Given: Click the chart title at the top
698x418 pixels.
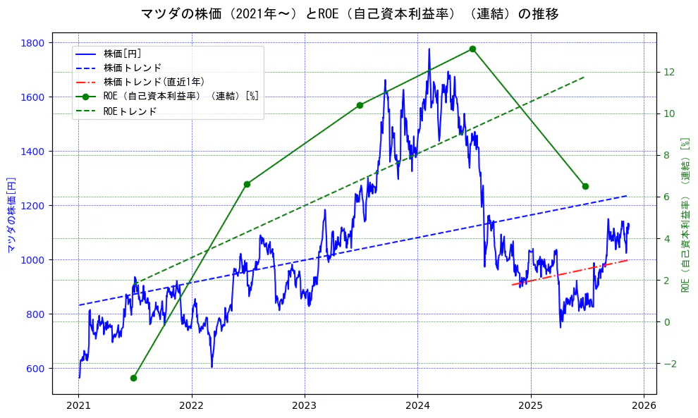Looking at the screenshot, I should (x=350, y=14).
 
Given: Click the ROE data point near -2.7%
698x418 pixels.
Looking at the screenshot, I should (x=133, y=378).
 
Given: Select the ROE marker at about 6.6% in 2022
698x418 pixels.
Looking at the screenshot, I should (x=247, y=184).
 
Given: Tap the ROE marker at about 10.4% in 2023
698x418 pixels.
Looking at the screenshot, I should (x=360, y=105).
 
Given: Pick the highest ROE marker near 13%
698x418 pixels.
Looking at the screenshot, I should (x=472, y=49).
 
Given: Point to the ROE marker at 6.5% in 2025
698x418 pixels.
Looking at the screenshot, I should (x=585, y=186).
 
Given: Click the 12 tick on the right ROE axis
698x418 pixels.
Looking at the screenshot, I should (x=668, y=72).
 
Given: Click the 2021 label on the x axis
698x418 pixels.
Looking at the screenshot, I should (x=79, y=406).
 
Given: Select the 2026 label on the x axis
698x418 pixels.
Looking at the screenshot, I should (x=644, y=406).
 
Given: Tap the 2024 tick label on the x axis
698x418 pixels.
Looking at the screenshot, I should (x=417, y=406).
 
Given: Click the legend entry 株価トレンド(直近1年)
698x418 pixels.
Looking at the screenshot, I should (x=154, y=82).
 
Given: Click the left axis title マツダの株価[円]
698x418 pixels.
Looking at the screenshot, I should (x=11, y=214).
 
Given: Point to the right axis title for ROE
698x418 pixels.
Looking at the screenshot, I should (x=684, y=214).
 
